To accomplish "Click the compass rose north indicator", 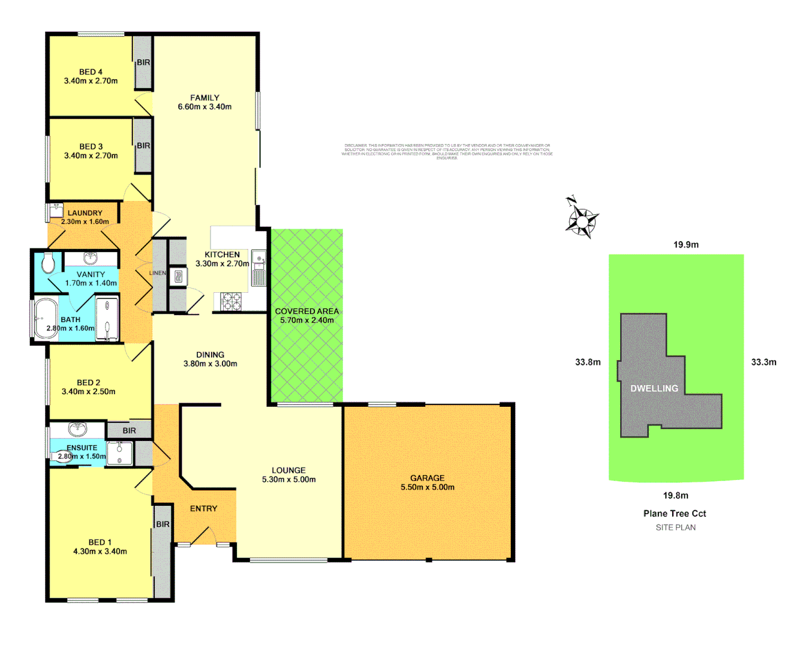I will pyautogui.click(x=581, y=220).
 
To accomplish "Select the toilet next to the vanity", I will pyautogui.click(x=49, y=262).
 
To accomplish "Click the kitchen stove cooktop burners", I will pyautogui.click(x=231, y=301).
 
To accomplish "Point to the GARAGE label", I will pyautogui.click(x=427, y=478).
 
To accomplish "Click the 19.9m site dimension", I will pyautogui.click(x=685, y=245).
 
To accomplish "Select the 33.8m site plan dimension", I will pyautogui.click(x=588, y=362).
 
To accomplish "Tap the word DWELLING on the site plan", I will pyautogui.click(x=654, y=388).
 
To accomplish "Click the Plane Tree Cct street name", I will pyautogui.click(x=675, y=514).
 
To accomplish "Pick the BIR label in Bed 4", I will pyautogui.click(x=143, y=62).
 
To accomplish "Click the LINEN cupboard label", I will pyautogui.click(x=158, y=273).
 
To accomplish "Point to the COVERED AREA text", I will pyautogui.click(x=306, y=311).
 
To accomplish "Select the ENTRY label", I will pyautogui.click(x=203, y=509).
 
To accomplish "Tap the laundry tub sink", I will pyautogui.click(x=56, y=211).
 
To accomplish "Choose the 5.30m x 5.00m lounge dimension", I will pyautogui.click(x=288, y=479).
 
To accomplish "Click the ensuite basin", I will pyautogui.click(x=77, y=429).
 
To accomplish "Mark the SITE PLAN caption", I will pyautogui.click(x=675, y=527).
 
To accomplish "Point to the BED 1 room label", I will pyautogui.click(x=100, y=542).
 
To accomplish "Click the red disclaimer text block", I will pyautogui.click(x=447, y=151).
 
